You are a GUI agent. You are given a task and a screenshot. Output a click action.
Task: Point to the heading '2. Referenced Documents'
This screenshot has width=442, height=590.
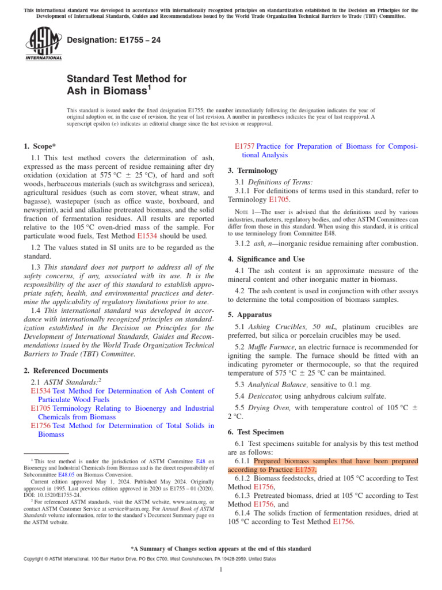(66, 370)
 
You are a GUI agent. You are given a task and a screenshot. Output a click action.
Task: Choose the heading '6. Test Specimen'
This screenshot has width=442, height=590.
(256, 432)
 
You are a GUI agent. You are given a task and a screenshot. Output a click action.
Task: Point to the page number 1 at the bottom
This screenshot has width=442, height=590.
(221, 569)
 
